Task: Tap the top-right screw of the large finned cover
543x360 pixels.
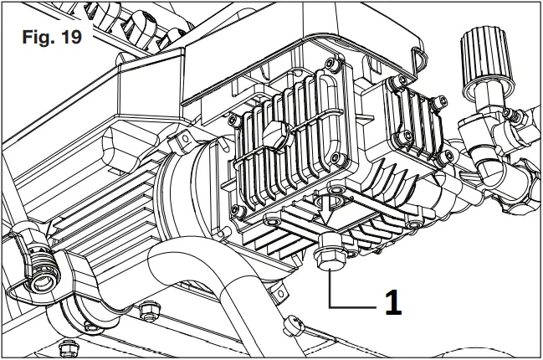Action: click(332, 65)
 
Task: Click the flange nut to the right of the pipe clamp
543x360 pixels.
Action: click(149, 311)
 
